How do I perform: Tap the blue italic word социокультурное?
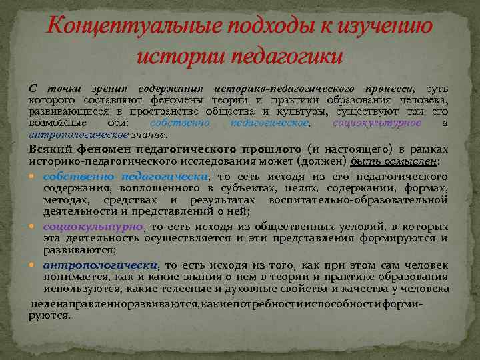[376, 123]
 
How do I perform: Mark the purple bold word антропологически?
[101, 265]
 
